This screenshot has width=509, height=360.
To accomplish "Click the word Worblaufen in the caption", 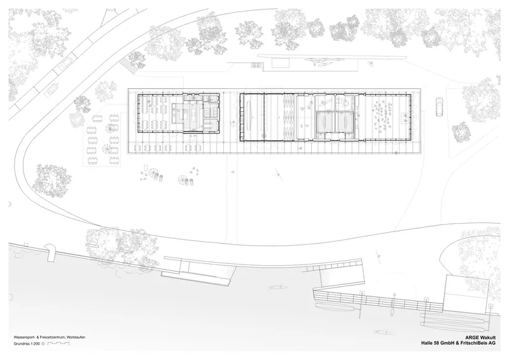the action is click(x=76, y=338).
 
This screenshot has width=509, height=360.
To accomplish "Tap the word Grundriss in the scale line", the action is click(x=21, y=343).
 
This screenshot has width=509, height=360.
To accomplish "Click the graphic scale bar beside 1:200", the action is click(x=59, y=343).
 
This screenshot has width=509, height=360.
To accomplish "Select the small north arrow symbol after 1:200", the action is click(x=43, y=343).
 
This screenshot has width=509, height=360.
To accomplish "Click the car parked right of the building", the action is click(x=439, y=106).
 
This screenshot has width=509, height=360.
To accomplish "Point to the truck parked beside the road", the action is click(x=52, y=89).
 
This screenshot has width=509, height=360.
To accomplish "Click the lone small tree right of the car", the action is click(x=461, y=132).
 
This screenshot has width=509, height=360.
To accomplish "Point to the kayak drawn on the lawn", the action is click(x=277, y=172).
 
